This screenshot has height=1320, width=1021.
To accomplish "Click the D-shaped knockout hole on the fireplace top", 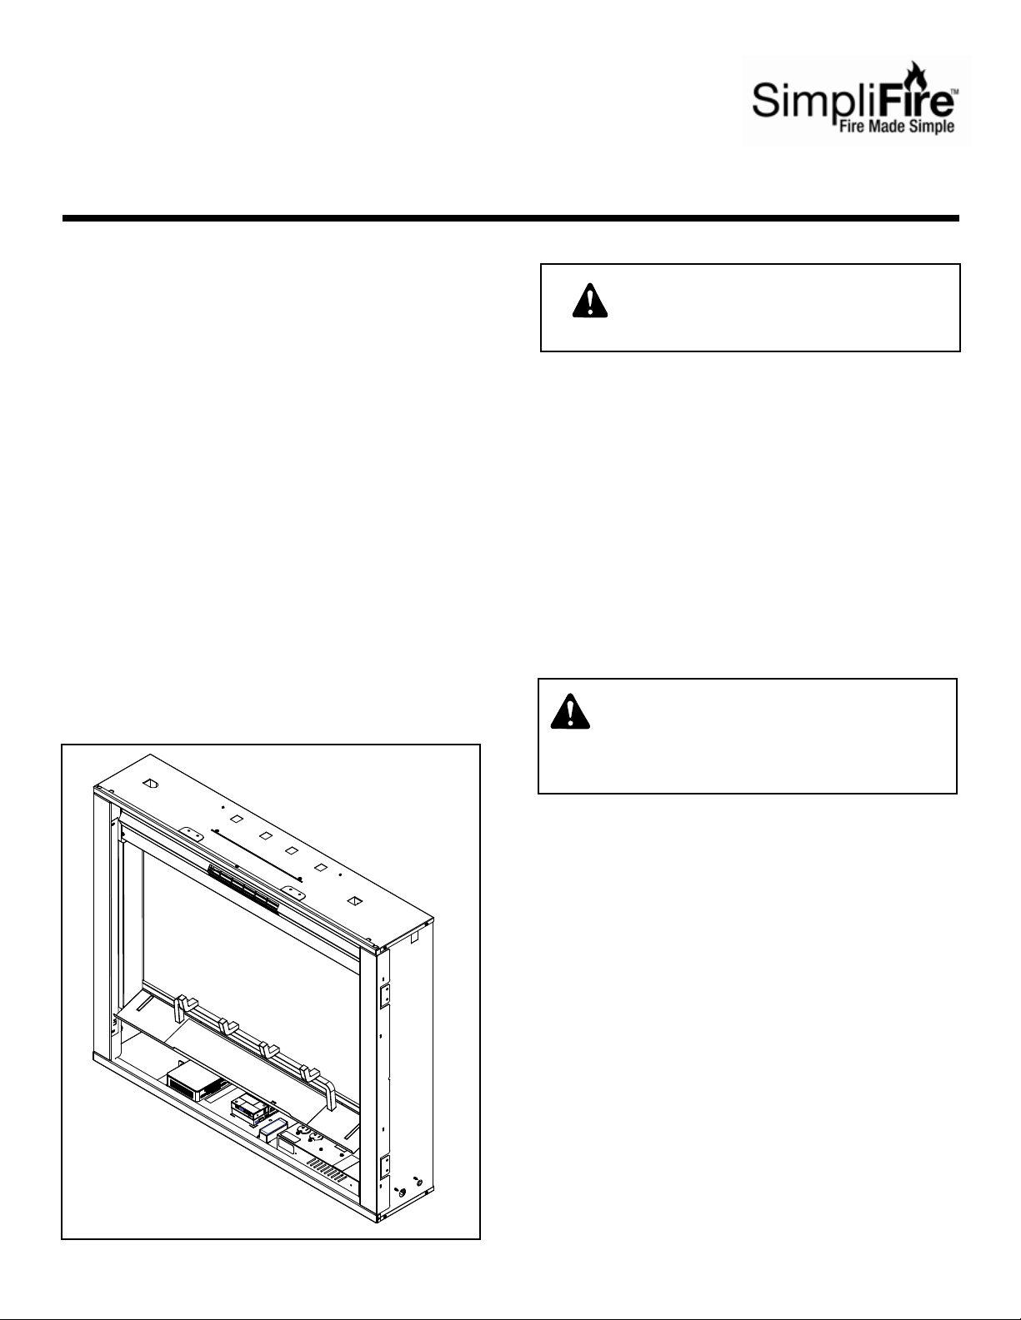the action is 150,785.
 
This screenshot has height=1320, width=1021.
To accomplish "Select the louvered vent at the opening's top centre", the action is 243,889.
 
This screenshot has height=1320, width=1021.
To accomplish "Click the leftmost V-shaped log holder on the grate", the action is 185,1009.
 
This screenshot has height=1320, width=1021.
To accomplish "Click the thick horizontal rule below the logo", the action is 510,218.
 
